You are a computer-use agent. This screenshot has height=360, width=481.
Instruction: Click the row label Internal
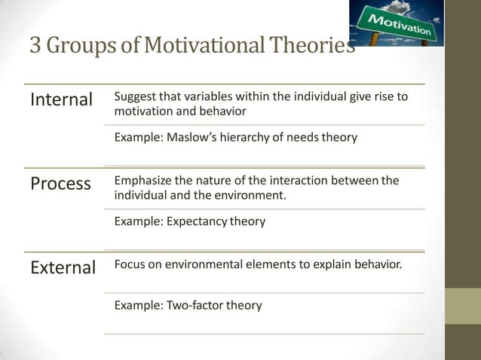coord(60,99)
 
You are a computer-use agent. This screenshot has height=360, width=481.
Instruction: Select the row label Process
coord(60,184)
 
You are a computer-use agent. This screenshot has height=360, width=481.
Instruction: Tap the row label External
coord(63,267)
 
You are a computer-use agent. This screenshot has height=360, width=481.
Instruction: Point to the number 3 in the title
coord(35,47)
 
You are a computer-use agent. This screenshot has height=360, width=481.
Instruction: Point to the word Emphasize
coord(141,181)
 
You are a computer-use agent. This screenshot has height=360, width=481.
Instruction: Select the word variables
coord(198,97)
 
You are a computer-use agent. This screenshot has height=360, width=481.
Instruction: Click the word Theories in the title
coord(315,47)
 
